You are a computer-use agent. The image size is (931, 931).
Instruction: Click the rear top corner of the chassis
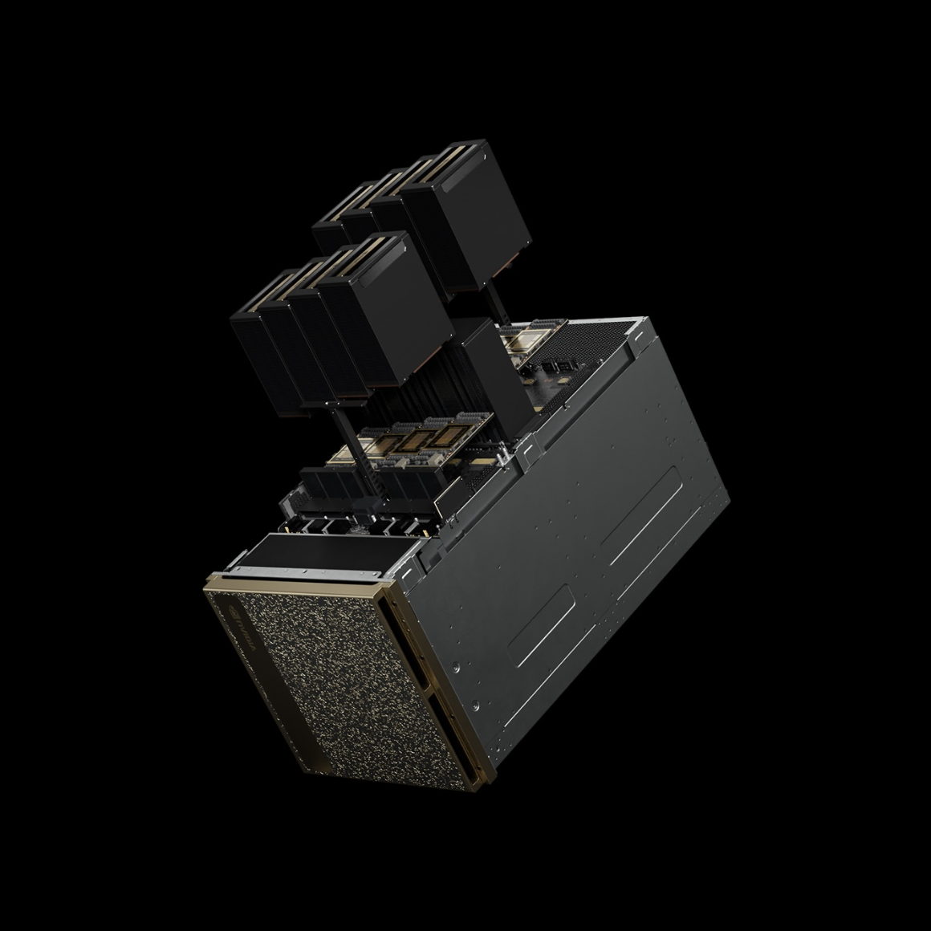pos(642,321)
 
